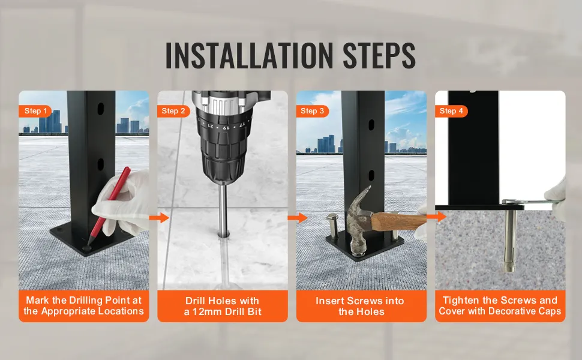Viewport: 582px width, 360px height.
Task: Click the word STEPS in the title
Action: pos(379,55)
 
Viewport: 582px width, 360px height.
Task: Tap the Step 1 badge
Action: pos(35,111)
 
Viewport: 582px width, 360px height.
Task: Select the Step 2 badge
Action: pos(174,111)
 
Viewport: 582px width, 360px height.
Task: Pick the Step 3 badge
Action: pos(313,111)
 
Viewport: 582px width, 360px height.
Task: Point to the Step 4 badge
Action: pos(451,111)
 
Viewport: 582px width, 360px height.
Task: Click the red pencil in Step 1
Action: pos(109,206)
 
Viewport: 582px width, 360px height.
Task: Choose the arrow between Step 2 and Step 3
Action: pos(298,218)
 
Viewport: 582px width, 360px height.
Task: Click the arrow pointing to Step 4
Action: pos(437,217)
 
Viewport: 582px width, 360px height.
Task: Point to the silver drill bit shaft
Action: pos(223,209)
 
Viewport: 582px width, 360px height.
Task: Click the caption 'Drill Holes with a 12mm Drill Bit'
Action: pos(223,306)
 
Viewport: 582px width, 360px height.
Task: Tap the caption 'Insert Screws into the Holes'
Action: pos(361,306)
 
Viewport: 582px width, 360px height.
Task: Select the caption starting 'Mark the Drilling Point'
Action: pos(84,305)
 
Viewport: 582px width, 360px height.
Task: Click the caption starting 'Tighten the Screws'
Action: pos(500,305)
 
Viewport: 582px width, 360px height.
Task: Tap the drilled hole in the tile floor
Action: pos(223,234)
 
